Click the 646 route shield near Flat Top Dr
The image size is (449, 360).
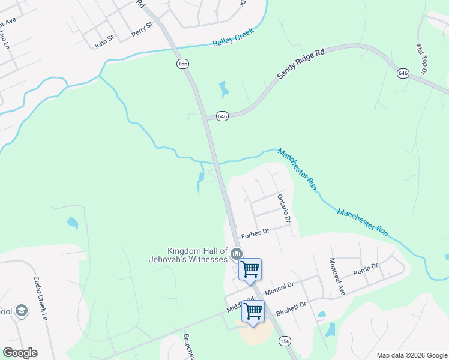click(403, 73)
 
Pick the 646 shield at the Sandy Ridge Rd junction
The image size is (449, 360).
click(222, 116)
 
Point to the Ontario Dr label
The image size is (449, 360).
click(283, 208)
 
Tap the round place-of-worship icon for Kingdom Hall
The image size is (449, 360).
click(237, 255)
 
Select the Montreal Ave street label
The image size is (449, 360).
click(337, 276)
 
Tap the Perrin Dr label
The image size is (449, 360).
click(366, 268)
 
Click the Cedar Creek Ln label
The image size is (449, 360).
click(40, 298)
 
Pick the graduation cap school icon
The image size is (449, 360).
click(22, 311)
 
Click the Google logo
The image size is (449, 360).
click(20, 353)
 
